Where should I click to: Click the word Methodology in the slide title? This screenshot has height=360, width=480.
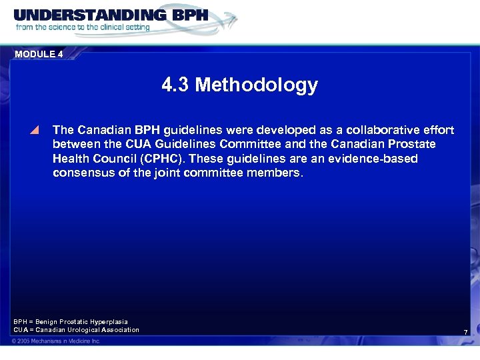point(257,85)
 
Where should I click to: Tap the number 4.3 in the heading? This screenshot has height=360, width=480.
point(176,85)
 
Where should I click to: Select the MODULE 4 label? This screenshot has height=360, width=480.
point(39,55)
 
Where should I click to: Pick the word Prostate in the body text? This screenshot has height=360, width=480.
point(413,144)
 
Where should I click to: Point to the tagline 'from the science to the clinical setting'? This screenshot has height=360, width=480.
point(83,27)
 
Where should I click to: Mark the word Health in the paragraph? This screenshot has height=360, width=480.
point(71,159)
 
